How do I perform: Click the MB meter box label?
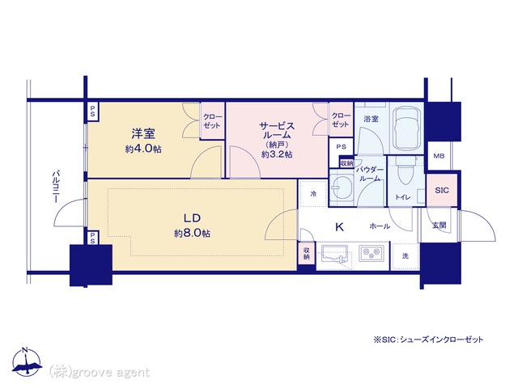[x=439, y=156]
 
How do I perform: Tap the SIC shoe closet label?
[x=442, y=190]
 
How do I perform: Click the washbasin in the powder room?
[x=340, y=188]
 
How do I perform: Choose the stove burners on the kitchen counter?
[x=372, y=254]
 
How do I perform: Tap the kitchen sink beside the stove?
[x=334, y=254]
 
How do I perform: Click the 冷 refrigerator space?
[x=313, y=194]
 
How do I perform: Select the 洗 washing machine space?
[x=405, y=256]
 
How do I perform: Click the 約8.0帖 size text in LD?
[x=193, y=234]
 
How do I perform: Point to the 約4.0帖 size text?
[x=143, y=149]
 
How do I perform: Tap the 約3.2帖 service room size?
[x=277, y=154]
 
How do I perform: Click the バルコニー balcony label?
[x=56, y=187]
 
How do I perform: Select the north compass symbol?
[x=26, y=361]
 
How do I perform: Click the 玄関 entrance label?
[x=439, y=225]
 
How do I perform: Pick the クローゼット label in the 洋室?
[x=212, y=121]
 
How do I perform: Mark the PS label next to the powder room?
[x=342, y=147]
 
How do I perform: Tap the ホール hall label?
[x=380, y=226]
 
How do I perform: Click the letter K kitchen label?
[x=339, y=226]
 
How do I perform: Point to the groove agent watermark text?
[x=100, y=373]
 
